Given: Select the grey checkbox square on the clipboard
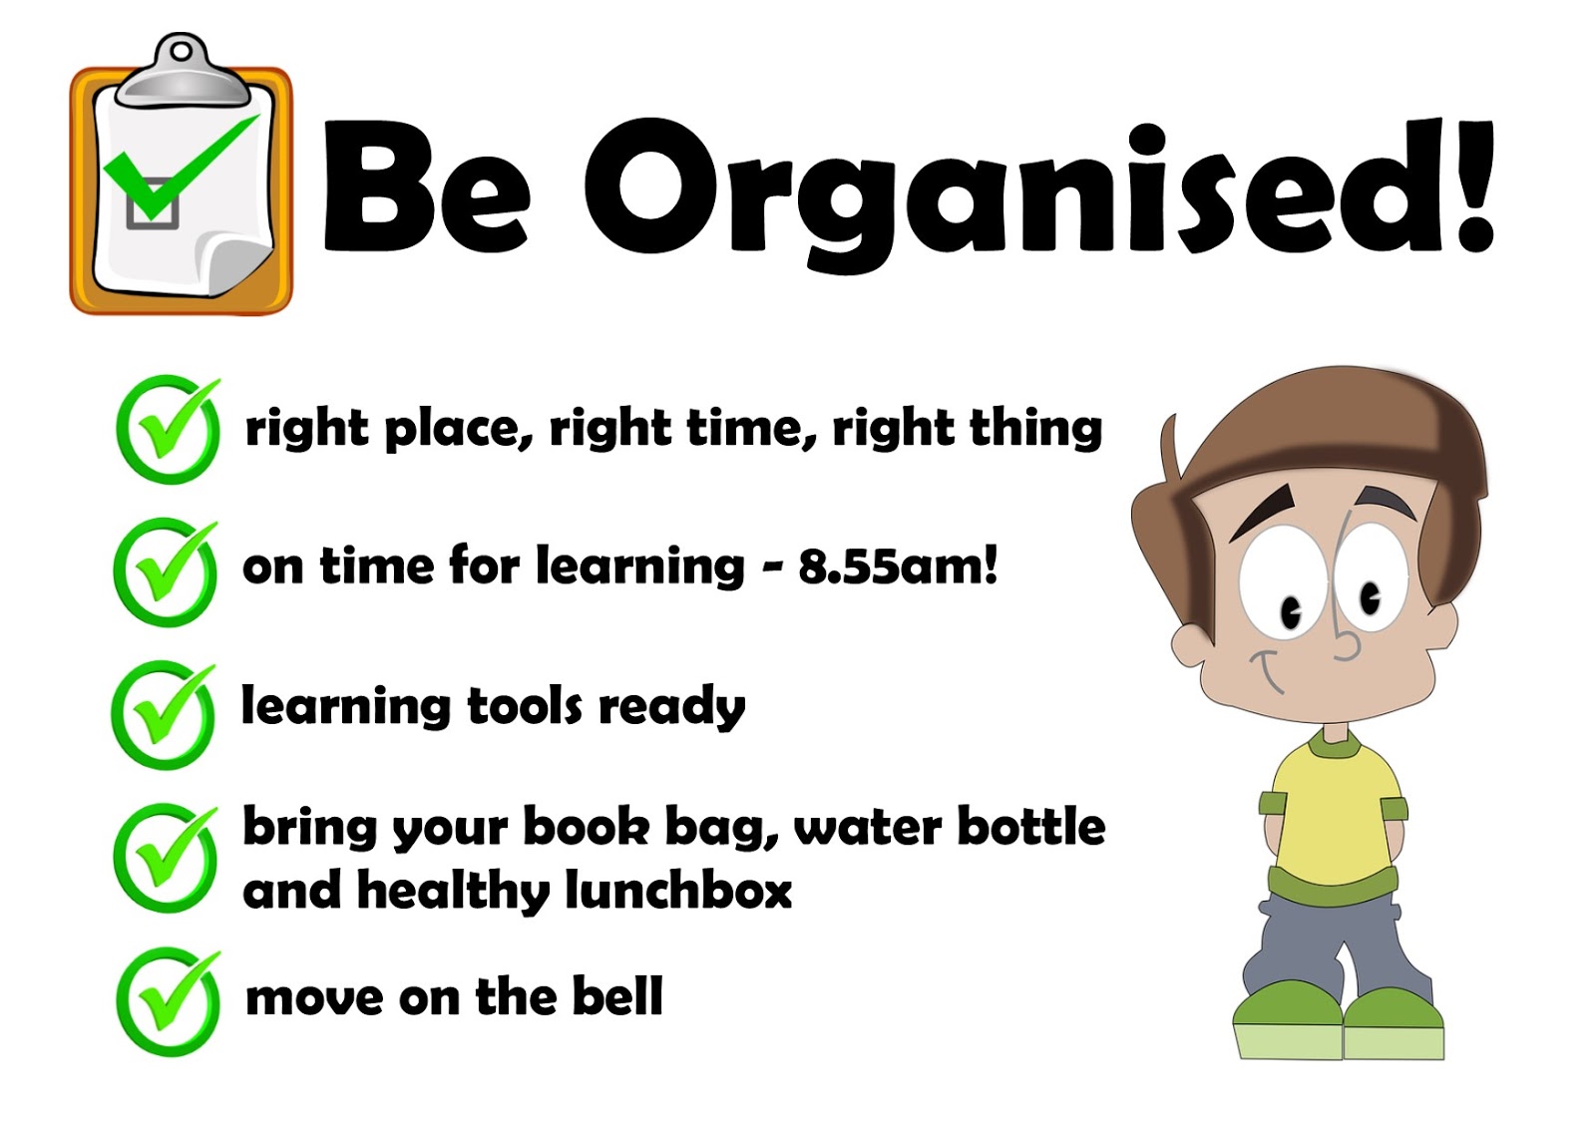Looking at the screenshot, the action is [152, 204].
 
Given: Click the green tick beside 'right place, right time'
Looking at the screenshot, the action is [169, 429].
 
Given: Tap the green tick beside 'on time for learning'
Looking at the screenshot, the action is [166, 572].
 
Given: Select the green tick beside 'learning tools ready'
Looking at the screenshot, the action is [164, 715].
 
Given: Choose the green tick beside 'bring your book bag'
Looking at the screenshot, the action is [166, 859].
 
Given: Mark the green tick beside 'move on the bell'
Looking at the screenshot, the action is [169, 1002].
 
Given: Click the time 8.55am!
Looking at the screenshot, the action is [898, 566].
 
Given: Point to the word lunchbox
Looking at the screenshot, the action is [678, 890].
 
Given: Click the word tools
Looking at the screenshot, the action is [525, 705].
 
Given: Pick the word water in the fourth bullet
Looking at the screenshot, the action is [867, 827].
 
